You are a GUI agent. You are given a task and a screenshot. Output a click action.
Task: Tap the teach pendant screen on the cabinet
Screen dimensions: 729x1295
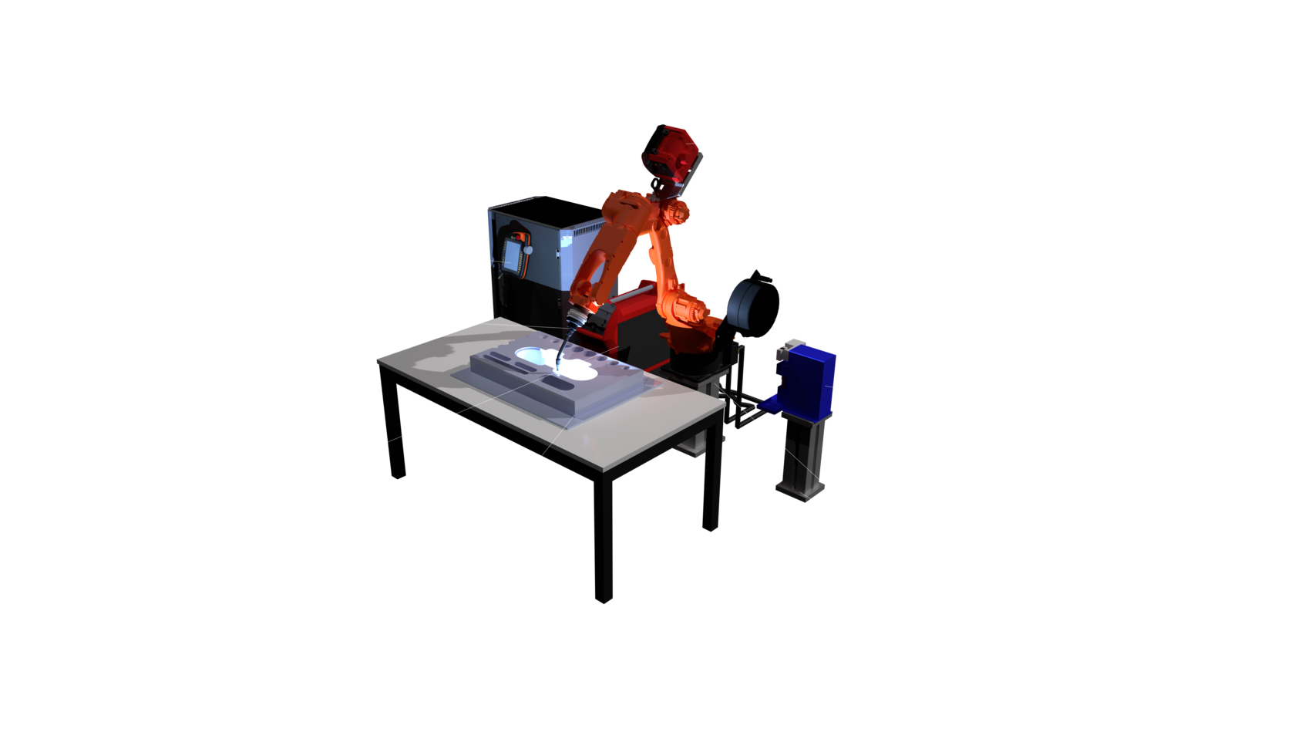[x=510, y=255]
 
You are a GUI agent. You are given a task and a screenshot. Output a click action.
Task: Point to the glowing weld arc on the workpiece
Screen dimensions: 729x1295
[x=560, y=360]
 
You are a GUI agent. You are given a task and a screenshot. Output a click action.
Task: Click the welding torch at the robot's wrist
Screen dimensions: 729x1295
[x=573, y=324]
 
